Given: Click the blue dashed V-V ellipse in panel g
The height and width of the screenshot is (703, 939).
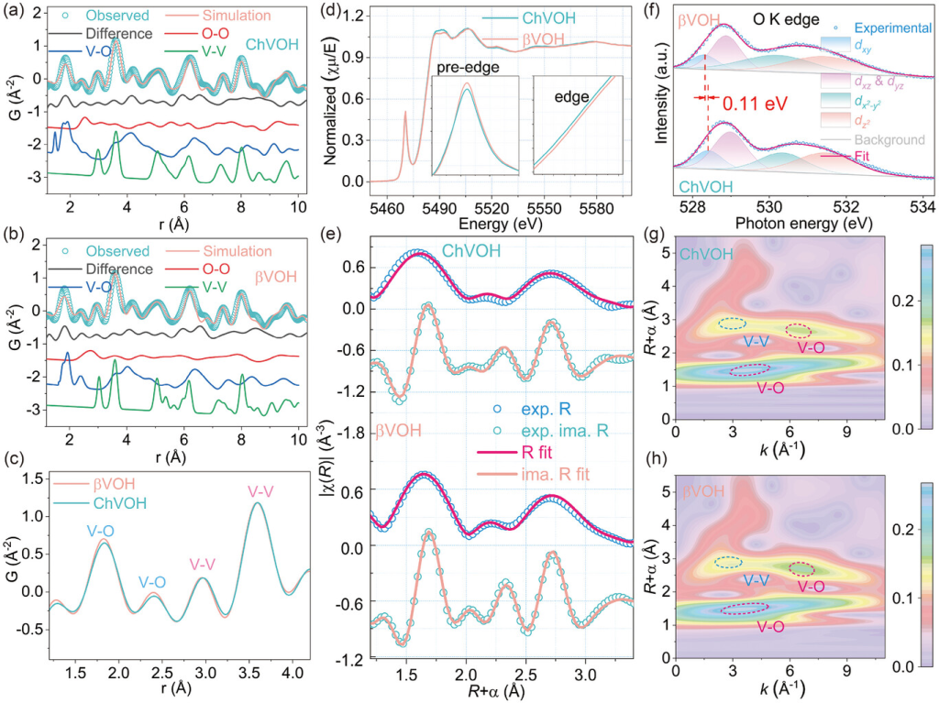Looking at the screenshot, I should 732,324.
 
